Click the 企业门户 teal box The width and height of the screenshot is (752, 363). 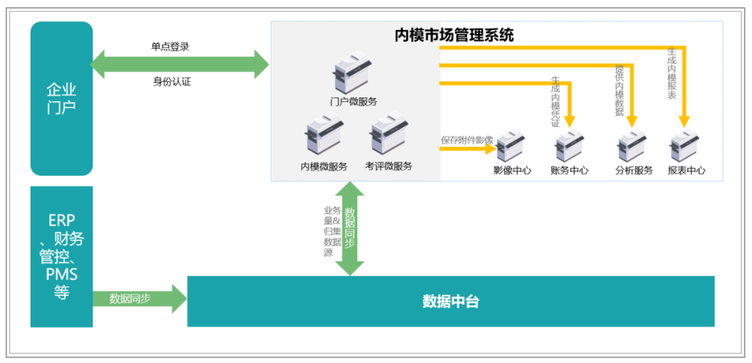click(61, 98)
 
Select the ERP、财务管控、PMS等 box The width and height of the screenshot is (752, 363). click(61, 256)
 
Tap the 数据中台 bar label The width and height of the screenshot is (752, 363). click(451, 302)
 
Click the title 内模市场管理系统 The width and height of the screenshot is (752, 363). click(454, 35)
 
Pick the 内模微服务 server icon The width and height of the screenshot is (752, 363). click(324, 137)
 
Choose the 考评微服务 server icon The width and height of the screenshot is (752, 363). click(388, 137)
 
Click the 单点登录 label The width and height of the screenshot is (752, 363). click(170, 47)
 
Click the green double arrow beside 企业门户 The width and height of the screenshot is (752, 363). click(180, 64)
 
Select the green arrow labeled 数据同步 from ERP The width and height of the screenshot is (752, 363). click(139, 299)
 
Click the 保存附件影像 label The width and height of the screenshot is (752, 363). click(467, 139)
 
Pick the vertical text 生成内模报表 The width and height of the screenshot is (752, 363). click(671, 73)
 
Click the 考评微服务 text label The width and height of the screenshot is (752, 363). click(389, 167)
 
